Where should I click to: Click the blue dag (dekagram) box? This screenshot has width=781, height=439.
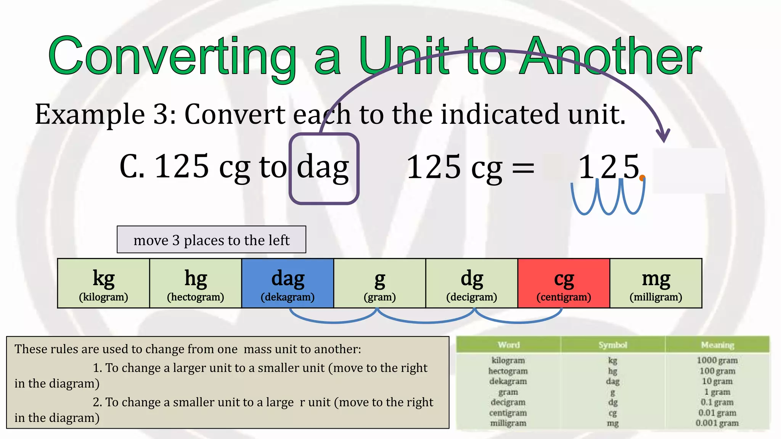click(x=288, y=283)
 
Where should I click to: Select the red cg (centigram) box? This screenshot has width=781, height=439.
click(x=564, y=283)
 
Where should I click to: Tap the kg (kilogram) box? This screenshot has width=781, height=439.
click(x=103, y=283)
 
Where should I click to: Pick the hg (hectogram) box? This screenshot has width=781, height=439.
click(x=196, y=283)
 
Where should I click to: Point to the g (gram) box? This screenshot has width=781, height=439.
click(x=379, y=283)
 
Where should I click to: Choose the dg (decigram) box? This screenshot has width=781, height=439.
click(x=472, y=283)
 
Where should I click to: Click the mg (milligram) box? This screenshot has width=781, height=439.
click(x=656, y=283)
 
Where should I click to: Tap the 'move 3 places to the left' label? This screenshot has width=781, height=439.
click(x=211, y=240)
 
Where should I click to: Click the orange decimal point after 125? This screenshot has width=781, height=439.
click(x=642, y=178)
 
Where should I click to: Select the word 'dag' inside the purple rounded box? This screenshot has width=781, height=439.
click(x=323, y=168)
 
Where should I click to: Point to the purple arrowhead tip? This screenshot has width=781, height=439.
click(x=664, y=141)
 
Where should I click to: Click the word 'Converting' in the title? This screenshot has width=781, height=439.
click(x=172, y=56)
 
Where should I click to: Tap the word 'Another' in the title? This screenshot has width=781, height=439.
click(x=610, y=56)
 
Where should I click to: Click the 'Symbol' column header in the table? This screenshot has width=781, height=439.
click(x=612, y=345)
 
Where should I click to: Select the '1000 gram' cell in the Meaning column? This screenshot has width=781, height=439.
click(x=717, y=360)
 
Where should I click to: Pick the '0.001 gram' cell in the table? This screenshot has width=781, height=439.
click(x=717, y=423)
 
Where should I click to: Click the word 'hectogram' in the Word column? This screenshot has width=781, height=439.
click(x=508, y=371)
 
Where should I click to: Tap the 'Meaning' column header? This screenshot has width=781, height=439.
click(x=717, y=345)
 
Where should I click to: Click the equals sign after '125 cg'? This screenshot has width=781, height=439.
click(x=523, y=168)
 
